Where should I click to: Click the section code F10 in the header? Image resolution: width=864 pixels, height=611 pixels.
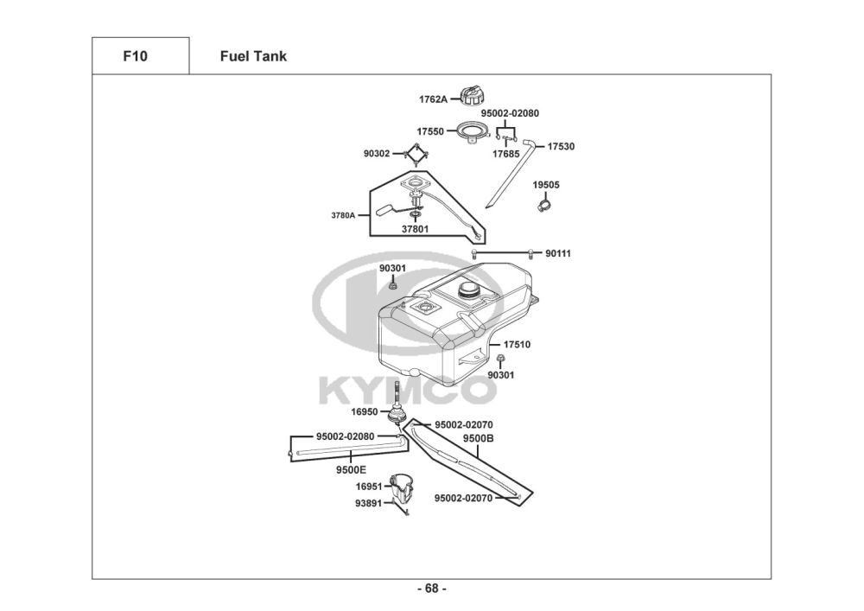[x=136, y=57]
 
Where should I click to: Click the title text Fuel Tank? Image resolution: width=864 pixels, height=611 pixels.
[x=253, y=57]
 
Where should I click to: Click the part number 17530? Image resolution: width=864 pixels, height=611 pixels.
[x=561, y=146]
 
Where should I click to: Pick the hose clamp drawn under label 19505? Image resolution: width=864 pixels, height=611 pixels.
[x=544, y=204]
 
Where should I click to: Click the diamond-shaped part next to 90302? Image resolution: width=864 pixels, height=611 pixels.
[x=417, y=156]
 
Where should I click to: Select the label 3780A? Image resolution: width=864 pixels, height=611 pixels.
[x=343, y=215]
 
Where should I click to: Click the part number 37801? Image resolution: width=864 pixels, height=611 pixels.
[x=416, y=230]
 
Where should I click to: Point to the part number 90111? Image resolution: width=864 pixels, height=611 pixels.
[x=557, y=253]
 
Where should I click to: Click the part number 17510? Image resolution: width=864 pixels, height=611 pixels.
[x=517, y=344]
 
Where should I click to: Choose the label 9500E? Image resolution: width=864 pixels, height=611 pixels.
[x=351, y=469]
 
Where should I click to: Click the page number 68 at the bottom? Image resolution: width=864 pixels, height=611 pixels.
[x=431, y=589]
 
